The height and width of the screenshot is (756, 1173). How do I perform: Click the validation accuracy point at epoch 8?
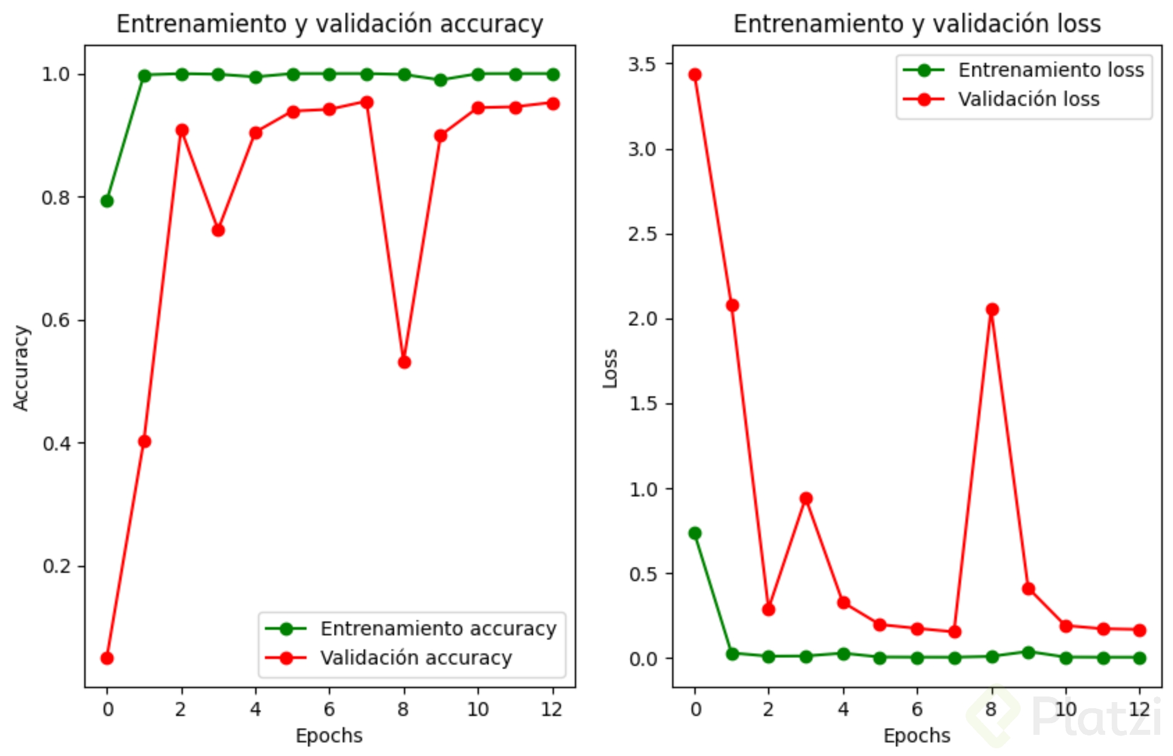click(404, 362)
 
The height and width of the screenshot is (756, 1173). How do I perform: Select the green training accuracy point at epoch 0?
click(107, 201)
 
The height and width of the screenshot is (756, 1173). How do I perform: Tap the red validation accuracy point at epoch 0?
click(107, 658)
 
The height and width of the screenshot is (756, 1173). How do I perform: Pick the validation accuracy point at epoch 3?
click(218, 230)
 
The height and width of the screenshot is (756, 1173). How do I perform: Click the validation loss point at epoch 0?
click(695, 74)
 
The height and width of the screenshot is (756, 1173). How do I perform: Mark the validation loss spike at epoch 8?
click(992, 309)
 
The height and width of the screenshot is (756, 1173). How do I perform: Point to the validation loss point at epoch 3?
click(806, 498)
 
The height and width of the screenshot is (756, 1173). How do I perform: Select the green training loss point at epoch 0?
click(695, 533)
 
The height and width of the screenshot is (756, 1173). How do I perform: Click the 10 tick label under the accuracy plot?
click(478, 709)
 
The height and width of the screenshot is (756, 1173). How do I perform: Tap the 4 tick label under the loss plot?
click(843, 709)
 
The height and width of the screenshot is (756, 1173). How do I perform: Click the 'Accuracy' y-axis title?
click(21, 368)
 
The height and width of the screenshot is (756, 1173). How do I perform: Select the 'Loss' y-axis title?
click(610, 368)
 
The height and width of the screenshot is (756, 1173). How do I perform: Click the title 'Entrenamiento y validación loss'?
click(917, 24)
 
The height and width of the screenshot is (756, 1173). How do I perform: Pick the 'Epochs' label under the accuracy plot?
click(329, 735)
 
